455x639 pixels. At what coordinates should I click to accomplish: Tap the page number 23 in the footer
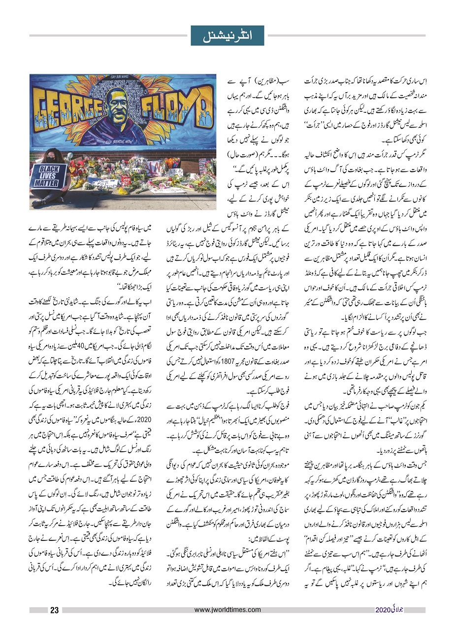[55, 610]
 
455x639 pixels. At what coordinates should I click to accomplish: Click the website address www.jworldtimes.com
[227, 610]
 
